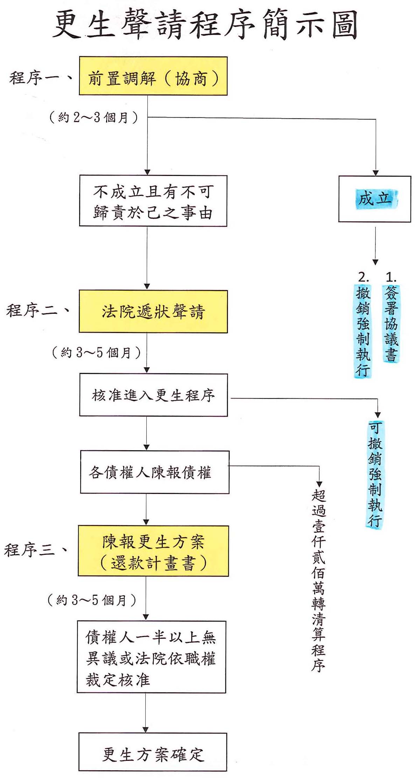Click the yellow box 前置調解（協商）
tap(153, 76)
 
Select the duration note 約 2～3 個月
tap(93, 117)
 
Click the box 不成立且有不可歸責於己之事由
tap(153, 201)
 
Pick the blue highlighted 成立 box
tap(375, 199)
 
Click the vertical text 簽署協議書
tap(391, 324)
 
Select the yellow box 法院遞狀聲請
tap(153, 311)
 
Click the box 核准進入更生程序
tap(153, 395)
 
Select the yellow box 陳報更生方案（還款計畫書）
tap(153, 551)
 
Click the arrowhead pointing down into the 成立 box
tap(375, 173)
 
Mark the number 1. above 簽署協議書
tap(391, 278)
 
